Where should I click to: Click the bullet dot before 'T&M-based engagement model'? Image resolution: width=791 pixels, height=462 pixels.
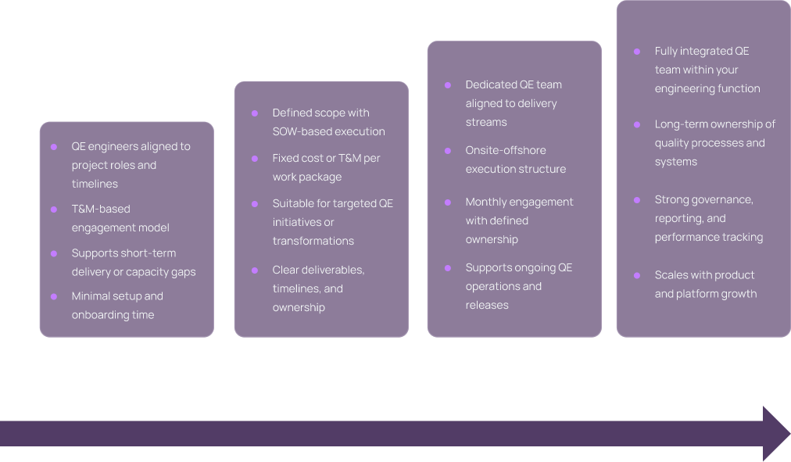pyautogui.click(x=54, y=209)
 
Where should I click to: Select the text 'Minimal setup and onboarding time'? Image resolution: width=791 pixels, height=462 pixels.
pyautogui.click(x=117, y=306)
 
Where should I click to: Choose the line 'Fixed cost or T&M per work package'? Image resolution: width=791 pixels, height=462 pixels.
pyautogui.click(x=326, y=167)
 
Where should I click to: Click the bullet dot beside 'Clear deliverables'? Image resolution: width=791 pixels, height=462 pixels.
pyautogui.click(x=255, y=270)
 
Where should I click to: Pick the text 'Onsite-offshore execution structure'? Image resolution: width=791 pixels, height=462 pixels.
pyautogui.click(x=515, y=159)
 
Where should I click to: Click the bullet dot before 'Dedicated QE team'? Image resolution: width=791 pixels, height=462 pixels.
pyautogui.click(x=448, y=84)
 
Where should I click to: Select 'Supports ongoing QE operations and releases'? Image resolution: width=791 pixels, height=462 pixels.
pyautogui.click(x=518, y=286)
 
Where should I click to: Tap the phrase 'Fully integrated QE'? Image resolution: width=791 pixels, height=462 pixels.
pyautogui.click(x=701, y=51)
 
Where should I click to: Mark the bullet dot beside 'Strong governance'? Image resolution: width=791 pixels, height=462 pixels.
pyautogui.click(x=637, y=199)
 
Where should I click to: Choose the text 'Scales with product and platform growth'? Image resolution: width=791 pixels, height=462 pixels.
pyautogui.click(x=705, y=285)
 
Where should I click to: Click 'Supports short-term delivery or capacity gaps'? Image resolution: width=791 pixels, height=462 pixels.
pyautogui.click(x=133, y=263)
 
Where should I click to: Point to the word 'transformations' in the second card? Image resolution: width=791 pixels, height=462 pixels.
pyautogui.click(x=313, y=241)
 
